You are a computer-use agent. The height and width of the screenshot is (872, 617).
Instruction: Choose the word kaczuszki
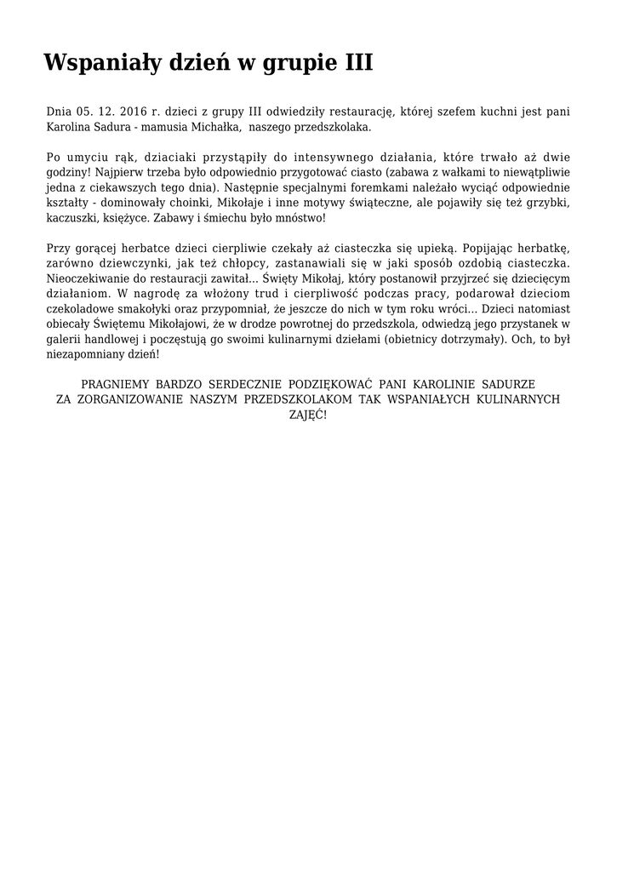click(71, 218)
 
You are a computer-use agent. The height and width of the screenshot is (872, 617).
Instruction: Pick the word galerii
click(63, 339)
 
